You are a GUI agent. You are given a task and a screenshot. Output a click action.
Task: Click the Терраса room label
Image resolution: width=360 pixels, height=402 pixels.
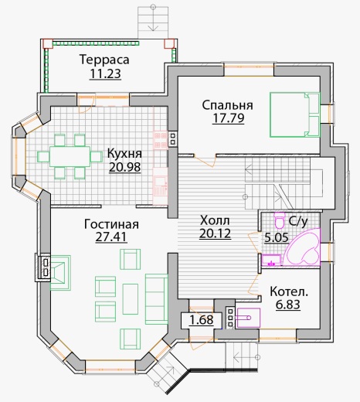tap(104, 60)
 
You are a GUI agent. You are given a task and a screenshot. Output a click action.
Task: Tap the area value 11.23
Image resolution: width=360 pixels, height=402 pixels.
tap(105, 73)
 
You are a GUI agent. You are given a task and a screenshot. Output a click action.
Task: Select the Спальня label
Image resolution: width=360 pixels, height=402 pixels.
tap(227, 105)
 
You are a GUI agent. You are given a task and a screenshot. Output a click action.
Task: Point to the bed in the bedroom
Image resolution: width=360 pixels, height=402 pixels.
tap(294, 114)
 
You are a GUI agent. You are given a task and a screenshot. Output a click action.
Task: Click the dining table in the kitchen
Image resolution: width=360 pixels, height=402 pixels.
tap(70, 156)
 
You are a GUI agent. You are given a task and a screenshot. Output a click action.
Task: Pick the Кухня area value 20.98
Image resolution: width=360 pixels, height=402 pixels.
tap(125, 167)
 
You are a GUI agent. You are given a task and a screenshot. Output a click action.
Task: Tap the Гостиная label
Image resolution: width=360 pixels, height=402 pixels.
tap(111, 224)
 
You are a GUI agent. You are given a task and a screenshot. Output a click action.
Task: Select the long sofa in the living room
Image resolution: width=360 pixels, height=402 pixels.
tap(156, 299)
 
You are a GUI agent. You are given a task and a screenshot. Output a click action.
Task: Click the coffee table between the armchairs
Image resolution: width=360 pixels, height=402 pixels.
tap(131, 299)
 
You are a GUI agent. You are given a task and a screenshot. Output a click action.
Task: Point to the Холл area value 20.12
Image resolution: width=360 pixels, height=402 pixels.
tap(215, 233)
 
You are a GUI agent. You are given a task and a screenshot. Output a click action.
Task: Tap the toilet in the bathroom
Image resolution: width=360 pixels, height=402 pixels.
tap(279, 220)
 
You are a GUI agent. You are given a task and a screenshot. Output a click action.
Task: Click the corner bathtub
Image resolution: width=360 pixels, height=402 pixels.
tap(304, 247)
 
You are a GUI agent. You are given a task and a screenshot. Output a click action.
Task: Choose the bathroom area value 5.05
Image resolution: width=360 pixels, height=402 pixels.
tap(277, 237)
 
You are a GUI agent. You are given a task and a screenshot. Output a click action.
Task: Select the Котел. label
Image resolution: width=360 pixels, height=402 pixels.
tap(289, 292)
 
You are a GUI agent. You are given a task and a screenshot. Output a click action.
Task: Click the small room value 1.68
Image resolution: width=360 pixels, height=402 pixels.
tap(202, 320)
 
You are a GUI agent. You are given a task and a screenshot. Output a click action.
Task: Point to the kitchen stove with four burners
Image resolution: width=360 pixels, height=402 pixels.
tap(160, 141)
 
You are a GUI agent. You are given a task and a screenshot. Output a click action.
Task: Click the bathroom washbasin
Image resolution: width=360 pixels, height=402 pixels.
tap(272, 260)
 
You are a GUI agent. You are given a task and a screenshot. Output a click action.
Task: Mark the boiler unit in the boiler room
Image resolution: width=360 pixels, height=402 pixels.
tap(249, 318)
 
